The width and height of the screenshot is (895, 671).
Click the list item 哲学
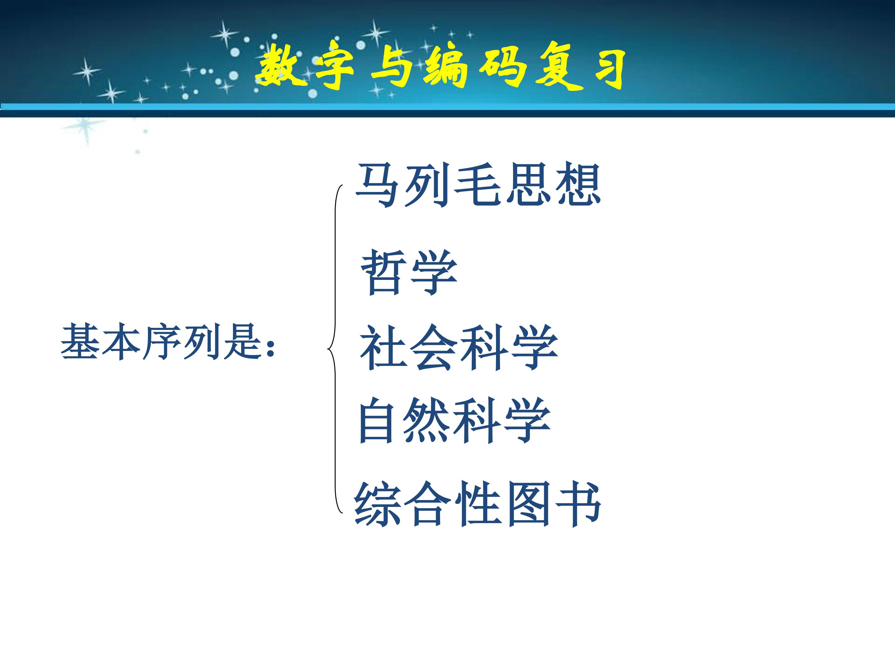[409, 272]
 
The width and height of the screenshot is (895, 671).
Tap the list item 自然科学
[454, 421]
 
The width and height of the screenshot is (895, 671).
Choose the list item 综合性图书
[478, 504]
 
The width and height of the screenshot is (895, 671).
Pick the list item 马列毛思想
[478, 185]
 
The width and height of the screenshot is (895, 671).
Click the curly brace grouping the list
[335, 349]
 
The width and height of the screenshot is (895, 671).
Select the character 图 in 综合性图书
[528, 504]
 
